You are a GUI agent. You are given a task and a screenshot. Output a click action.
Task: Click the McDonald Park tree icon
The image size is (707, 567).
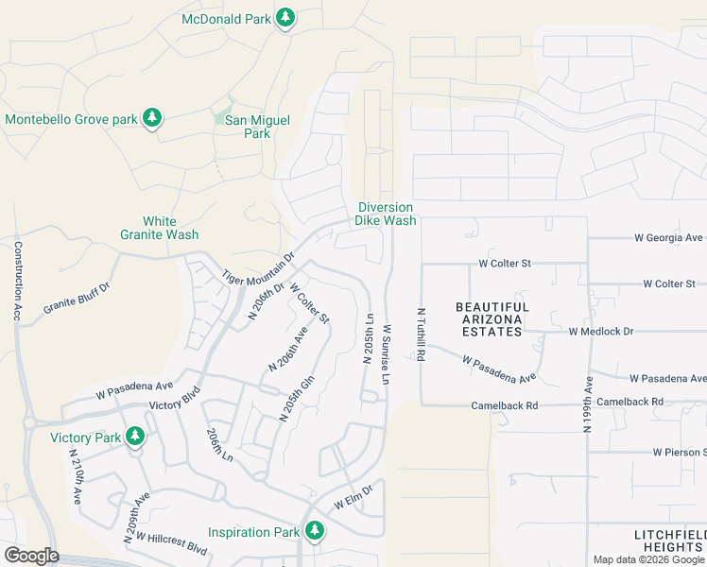click(285, 18)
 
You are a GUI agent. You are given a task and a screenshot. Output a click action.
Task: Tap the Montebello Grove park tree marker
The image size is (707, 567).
click(152, 119)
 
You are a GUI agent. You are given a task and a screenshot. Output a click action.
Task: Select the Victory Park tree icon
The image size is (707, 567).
click(135, 437)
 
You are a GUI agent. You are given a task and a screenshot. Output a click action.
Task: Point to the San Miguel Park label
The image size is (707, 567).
click(250, 127)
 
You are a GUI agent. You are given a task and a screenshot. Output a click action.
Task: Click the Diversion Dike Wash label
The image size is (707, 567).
click(385, 214)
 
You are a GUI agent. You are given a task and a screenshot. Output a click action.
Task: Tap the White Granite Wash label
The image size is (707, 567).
click(159, 228)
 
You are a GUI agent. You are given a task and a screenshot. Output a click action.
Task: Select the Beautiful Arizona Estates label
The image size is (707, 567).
click(491, 319)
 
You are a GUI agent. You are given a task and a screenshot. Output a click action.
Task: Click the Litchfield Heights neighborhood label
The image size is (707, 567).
click(669, 541)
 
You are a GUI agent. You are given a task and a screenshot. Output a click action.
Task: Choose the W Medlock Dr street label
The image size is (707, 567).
click(600, 332)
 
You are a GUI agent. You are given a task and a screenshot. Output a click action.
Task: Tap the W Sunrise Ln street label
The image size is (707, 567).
click(387, 355)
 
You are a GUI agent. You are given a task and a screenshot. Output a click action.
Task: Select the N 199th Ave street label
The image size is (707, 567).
click(587, 404)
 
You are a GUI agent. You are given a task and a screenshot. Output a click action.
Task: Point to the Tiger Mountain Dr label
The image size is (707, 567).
click(259, 268)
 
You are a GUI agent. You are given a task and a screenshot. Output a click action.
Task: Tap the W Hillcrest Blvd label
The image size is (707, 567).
click(171, 542)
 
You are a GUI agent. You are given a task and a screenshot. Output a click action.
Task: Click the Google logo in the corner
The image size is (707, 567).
click(31, 556)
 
